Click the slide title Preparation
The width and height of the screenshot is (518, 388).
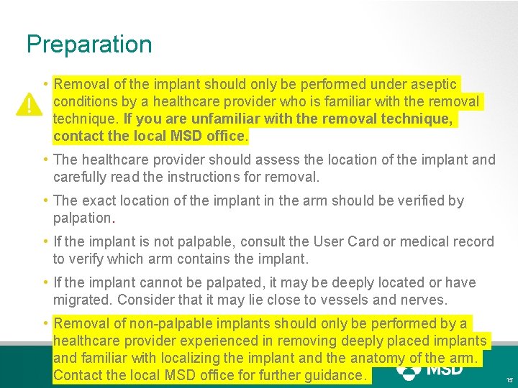pos(89,45)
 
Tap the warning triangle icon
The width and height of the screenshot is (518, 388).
pos(29,105)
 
